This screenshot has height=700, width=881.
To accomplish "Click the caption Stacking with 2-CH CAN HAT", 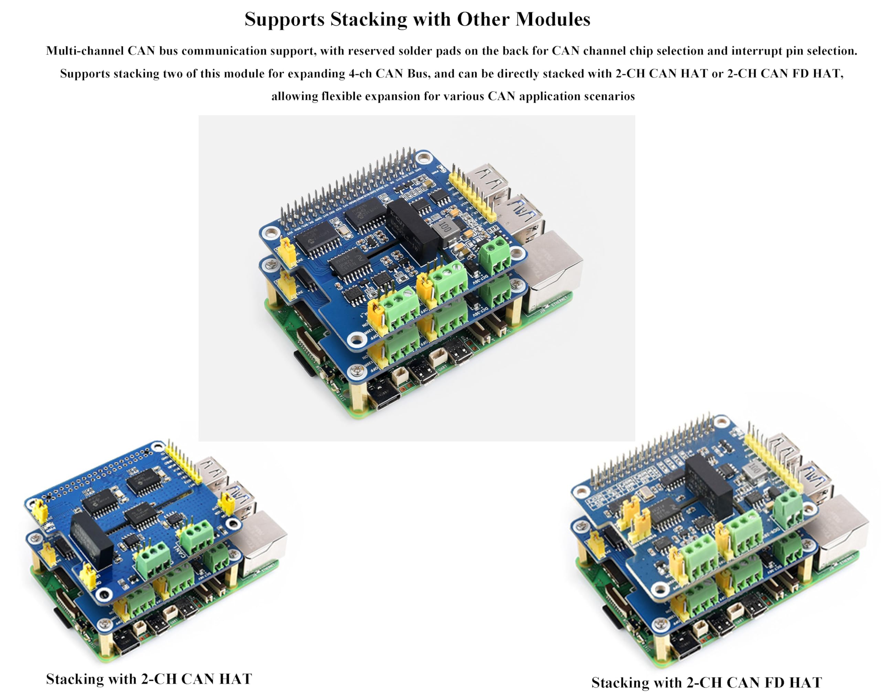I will (x=149, y=679).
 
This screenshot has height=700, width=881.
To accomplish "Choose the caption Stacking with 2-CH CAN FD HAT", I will (x=707, y=682).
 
